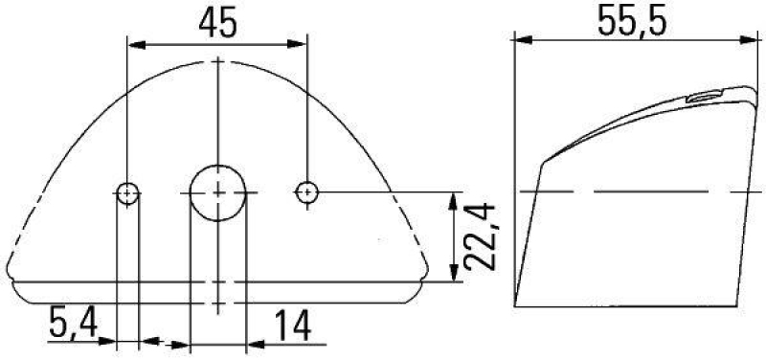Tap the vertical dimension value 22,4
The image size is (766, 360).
(479, 237)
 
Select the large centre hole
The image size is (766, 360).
(217, 192)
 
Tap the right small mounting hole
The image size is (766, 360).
(306, 192)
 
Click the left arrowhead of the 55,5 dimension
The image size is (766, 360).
(523, 40)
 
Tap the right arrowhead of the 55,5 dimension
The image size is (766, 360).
(742, 40)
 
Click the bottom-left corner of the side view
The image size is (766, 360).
(515, 306)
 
